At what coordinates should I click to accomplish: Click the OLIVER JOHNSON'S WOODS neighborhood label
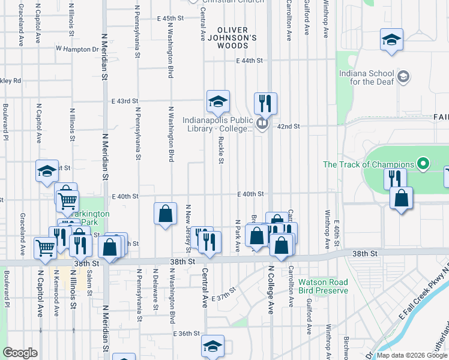(x=237, y=37)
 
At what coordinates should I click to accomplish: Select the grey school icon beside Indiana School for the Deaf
(x=404, y=76)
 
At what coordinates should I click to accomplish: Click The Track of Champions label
(x=368, y=164)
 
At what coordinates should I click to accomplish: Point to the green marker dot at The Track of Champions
(x=423, y=164)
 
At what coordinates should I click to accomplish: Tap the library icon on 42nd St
(x=261, y=124)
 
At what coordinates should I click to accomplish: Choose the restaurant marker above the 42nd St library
(x=265, y=104)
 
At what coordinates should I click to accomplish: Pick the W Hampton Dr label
(x=77, y=48)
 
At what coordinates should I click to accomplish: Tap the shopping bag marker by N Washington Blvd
(x=165, y=214)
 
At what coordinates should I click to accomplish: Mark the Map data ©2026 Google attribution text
(x=412, y=355)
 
